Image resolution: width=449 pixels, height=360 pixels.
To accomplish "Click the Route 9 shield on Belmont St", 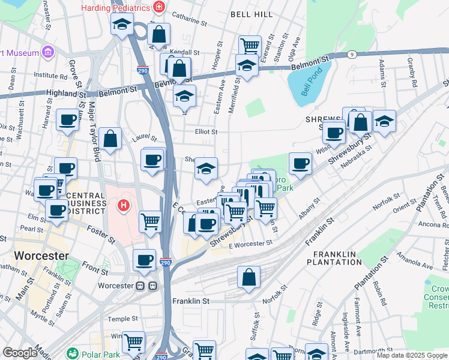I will [351, 55].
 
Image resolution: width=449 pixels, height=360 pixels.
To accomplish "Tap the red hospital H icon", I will [123, 206].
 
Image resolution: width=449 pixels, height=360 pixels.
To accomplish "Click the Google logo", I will [19, 353].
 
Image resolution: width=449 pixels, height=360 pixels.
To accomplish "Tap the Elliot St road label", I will [206, 131].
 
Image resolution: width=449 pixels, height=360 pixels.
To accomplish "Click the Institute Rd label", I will [50, 76].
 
